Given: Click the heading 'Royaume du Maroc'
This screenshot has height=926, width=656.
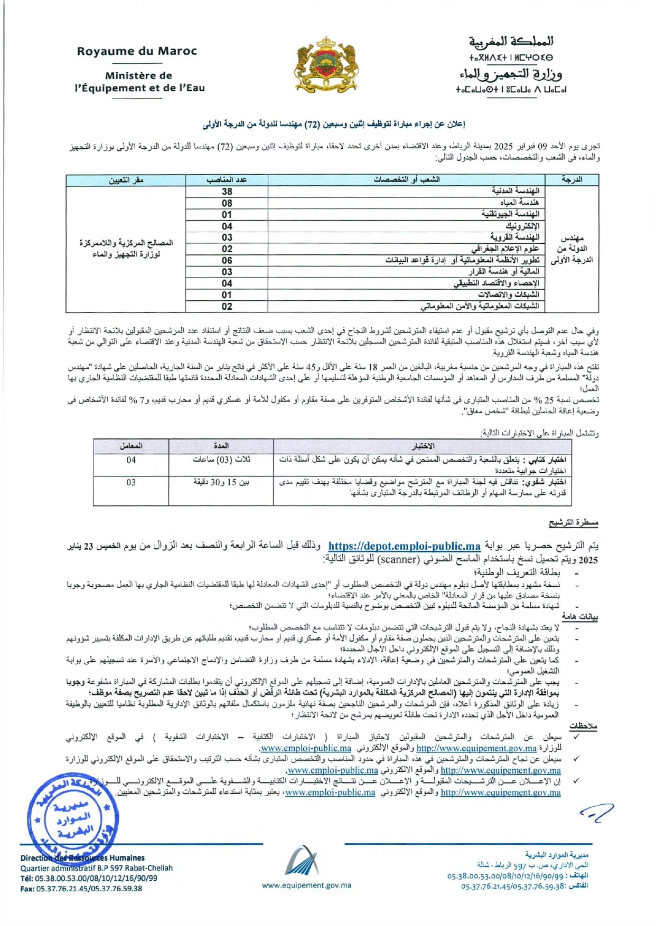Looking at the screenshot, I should coord(137,51).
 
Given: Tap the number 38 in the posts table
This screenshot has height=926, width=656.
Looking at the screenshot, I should coord(227,192).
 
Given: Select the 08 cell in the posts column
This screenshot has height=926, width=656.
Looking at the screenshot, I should coord(227,203).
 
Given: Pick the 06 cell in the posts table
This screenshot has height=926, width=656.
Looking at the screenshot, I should coord(227,260).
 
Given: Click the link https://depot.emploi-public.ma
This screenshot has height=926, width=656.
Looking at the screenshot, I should coord(404,546).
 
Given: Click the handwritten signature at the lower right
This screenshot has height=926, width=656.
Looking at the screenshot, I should coord(596,813).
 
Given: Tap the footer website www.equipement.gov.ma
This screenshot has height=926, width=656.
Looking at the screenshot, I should coord(306,885).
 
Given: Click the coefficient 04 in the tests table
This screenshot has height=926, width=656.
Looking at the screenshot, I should coord(131,460).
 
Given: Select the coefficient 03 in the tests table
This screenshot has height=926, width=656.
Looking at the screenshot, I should coord(131,482).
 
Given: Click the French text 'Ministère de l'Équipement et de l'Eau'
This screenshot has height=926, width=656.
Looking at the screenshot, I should coord(138,82).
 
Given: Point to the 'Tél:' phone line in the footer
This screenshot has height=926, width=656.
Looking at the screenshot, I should coord(89,878).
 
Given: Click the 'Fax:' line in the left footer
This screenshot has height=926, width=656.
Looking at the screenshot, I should coord(81,888).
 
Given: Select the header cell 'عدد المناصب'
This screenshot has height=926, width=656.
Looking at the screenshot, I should coord(227,180).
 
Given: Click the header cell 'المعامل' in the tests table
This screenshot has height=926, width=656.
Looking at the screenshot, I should coord(131,446).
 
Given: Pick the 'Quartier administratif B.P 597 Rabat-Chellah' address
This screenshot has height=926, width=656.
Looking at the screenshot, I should coord(96,868).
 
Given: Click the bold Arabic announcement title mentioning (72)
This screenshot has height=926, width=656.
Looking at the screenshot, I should coord(333,125).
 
